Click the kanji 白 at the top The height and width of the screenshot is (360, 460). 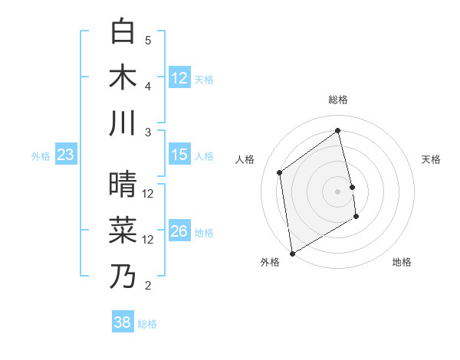tap(123, 31)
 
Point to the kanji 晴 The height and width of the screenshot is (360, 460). tap(123, 185)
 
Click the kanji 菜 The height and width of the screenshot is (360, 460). tap(123, 230)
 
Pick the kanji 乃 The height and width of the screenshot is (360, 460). tap(123, 276)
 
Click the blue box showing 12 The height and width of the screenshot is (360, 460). tap(179, 77)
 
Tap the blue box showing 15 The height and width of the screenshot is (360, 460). tap(179, 155)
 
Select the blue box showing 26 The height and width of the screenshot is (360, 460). tap(179, 231)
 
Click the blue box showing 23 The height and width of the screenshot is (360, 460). tap(66, 155)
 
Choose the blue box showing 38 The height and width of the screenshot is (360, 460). tap(123, 322)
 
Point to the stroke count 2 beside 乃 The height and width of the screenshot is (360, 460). tap(148, 286)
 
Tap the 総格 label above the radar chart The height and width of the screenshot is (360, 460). tap(338, 100)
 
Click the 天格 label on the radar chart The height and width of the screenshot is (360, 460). tap(432, 159)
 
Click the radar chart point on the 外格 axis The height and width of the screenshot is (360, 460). tap(292, 253)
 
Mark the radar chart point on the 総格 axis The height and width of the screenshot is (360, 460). tap(338, 130)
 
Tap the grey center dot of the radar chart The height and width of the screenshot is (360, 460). tap(338, 191)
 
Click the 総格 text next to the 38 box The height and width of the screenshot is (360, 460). tap(147, 324)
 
